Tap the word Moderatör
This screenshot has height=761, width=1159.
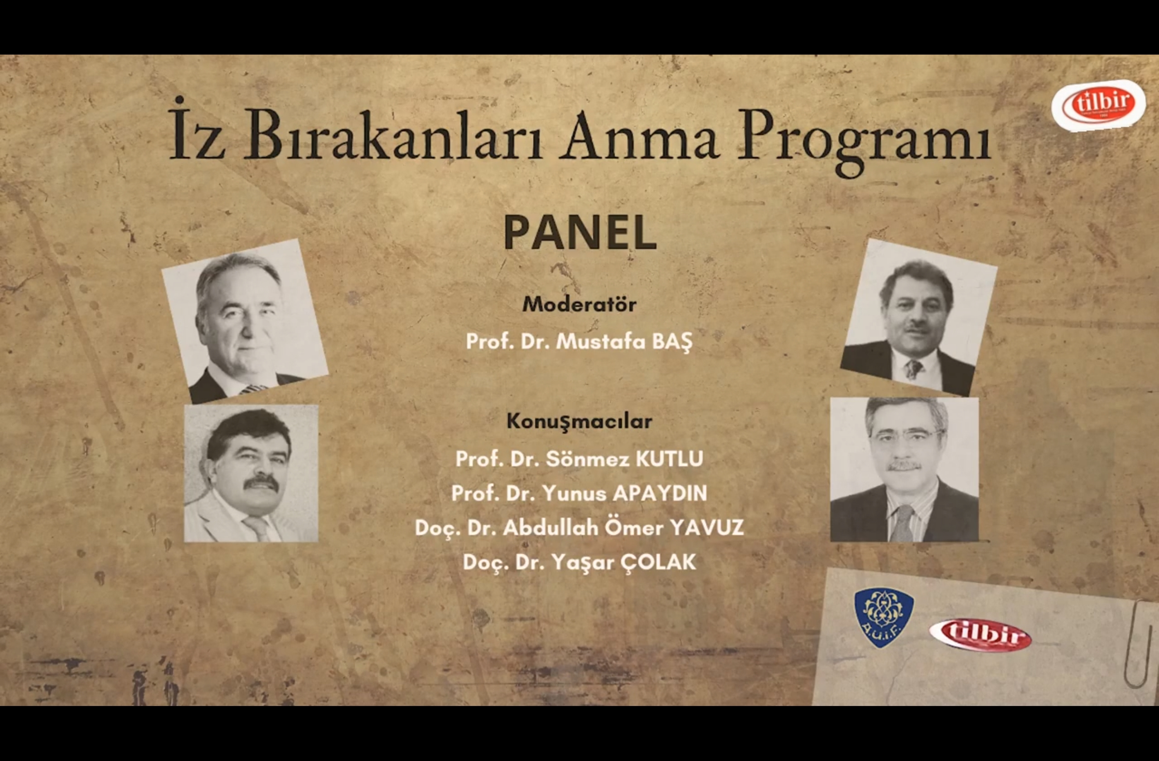point(579,304)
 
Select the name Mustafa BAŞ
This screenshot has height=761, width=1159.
point(624,342)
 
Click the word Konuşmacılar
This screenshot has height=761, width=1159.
point(579,421)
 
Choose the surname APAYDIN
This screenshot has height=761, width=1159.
point(660,493)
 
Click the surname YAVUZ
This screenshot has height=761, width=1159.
point(707,528)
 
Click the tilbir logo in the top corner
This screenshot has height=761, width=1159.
point(1099,105)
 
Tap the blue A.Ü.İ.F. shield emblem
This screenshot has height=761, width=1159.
point(884,617)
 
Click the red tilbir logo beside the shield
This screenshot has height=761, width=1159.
point(980,634)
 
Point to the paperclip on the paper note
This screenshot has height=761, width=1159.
point(1139,645)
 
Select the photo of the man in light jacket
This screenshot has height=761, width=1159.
point(251,474)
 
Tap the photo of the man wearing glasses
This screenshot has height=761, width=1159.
point(904,469)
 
